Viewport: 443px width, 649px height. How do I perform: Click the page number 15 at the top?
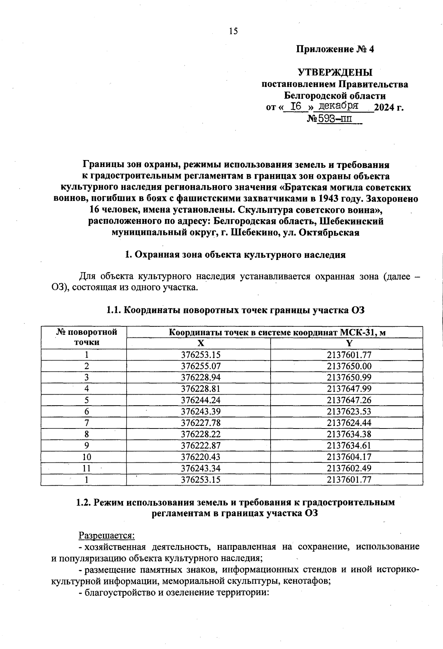pos(233,31)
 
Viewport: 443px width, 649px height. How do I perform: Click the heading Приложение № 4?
pos(335,49)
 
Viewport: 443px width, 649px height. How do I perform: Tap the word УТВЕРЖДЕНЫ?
pos(335,72)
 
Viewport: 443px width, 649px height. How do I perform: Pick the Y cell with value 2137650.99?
pos(349,378)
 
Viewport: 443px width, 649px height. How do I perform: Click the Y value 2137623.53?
pos(349,412)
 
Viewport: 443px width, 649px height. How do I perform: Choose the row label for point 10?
pos(86,457)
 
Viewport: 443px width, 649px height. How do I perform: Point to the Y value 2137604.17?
pos(349,457)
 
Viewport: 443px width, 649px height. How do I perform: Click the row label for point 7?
pos(86,423)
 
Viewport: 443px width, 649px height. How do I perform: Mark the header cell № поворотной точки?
pos(86,337)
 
